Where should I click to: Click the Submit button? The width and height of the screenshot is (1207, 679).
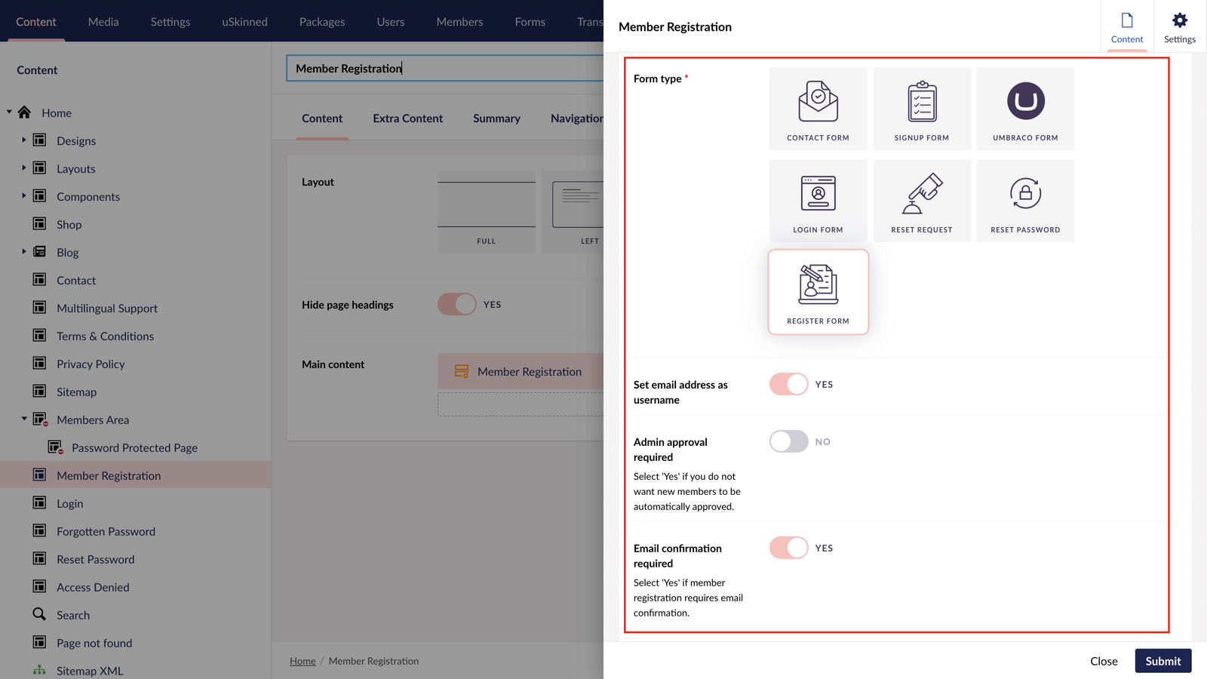[x=1162, y=661]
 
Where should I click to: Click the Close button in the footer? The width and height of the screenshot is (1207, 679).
[x=1103, y=661]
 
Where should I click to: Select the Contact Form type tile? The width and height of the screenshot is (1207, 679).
[x=818, y=109]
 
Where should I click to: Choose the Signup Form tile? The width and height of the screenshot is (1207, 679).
[x=922, y=109]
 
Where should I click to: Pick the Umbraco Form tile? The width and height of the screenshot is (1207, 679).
[x=1025, y=109]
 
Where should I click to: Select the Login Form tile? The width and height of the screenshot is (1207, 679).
[x=818, y=201]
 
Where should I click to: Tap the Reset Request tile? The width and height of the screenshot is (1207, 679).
[x=922, y=201]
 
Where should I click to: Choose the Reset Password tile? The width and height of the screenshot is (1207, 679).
[x=1025, y=201]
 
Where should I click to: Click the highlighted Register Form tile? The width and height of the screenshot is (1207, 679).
[x=818, y=292]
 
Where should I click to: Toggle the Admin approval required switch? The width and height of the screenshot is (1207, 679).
[x=788, y=441]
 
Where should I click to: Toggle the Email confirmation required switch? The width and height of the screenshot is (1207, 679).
[x=788, y=548]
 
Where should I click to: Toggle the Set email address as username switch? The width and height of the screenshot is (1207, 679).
[x=788, y=384]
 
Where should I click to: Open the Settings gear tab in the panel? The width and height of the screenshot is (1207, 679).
[x=1179, y=26]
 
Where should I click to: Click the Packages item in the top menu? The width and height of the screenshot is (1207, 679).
[x=322, y=21]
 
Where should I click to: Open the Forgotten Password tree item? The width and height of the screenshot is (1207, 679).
[x=106, y=531]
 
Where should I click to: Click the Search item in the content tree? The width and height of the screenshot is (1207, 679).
[x=73, y=615]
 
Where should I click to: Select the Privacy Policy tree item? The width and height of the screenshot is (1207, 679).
[x=91, y=364]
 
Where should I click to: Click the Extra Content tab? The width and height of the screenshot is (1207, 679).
[x=407, y=118]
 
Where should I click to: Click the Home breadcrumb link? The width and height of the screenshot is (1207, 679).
[x=303, y=661]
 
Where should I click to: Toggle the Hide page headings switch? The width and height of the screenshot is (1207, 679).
[x=457, y=304]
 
